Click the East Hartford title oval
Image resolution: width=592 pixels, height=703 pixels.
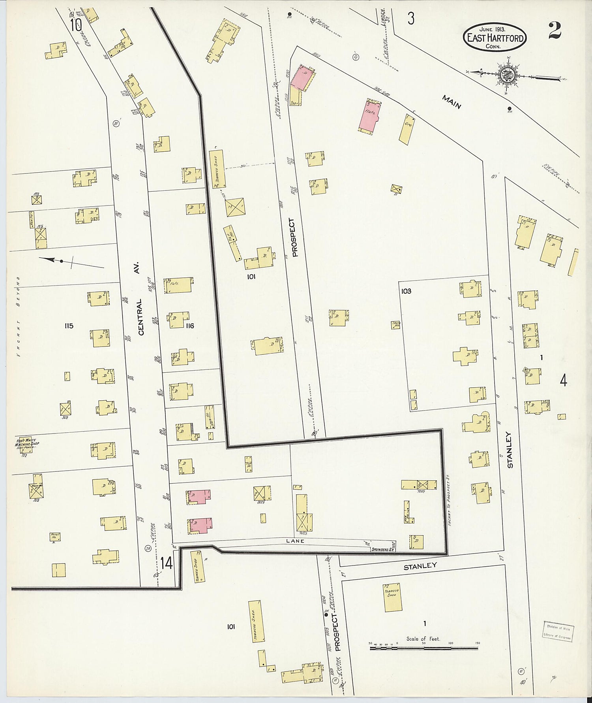pyautogui.click(x=495, y=37)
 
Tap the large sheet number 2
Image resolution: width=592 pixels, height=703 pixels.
pyautogui.click(x=555, y=30)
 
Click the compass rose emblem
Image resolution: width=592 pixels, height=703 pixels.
pyautogui.click(x=506, y=75)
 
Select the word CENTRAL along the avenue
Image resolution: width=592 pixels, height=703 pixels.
pyautogui.click(x=141, y=317)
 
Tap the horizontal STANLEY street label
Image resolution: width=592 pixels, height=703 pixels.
pyautogui.click(x=420, y=566)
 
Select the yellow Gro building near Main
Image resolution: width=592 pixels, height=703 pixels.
pyautogui.click(x=407, y=128)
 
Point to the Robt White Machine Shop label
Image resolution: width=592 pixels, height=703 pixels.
pyautogui.click(x=27, y=443)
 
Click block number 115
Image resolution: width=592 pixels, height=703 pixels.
pyautogui.click(x=69, y=326)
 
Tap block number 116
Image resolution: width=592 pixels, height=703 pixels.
pyautogui.click(x=190, y=326)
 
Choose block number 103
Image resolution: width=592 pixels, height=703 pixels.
pyautogui.click(x=406, y=291)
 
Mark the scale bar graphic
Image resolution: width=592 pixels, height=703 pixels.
pyautogui.click(x=424, y=648)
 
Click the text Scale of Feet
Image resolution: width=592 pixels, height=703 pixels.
pyautogui.click(x=423, y=639)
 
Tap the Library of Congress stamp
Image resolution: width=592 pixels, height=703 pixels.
pyautogui.click(x=558, y=631)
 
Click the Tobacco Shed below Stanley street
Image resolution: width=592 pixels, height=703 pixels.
pyautogui.click(x=393, y=597)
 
